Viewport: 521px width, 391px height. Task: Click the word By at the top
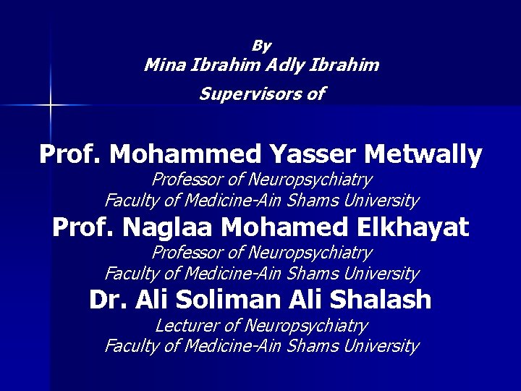[261, 46]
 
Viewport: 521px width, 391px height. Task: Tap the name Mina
[164, 65]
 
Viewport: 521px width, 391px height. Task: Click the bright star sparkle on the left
[50, 106]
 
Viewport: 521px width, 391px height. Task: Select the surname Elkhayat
[409, 228]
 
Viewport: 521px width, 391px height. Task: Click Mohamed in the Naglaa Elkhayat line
[281, 228]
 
